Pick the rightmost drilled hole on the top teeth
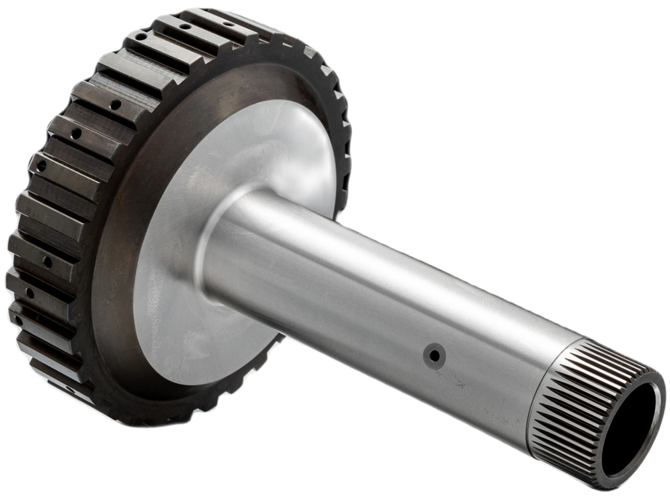pos(229,24)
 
